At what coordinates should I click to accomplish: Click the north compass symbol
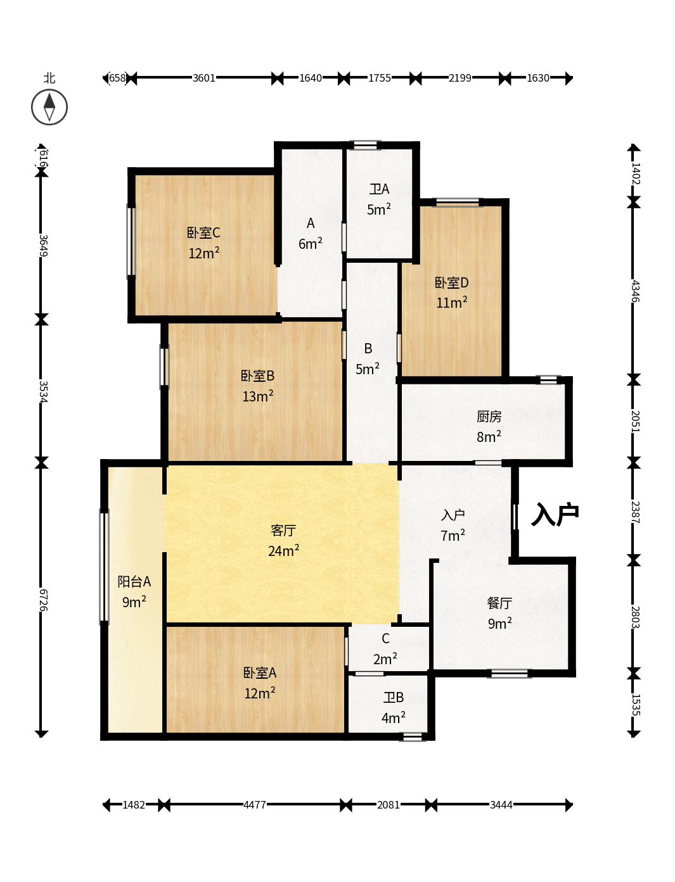point(49,107)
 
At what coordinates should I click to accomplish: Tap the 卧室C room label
point(203,232)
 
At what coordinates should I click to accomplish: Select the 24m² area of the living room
point(283,550)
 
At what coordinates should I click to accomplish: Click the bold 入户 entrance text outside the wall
point(555,514)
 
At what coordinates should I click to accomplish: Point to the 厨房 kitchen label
point(489,416)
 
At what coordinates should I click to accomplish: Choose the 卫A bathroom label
point(379,189)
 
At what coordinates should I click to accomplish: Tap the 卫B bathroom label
point(393,697)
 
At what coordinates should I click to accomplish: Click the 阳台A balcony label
point(134,581)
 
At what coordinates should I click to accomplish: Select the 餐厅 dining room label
point(499,603)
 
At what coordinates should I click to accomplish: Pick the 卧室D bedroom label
point(451,283)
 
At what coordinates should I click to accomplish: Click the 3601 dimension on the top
point(204,78)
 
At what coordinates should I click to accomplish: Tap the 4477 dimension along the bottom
point(255,805)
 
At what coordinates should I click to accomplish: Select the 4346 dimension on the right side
point(635,291)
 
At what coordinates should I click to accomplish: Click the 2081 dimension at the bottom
point(388,805)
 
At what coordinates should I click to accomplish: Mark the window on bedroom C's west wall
point(131,241)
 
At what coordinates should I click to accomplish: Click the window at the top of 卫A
point(365,144)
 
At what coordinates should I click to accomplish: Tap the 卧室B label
point(257,375)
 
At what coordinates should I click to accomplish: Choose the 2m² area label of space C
point(385,659)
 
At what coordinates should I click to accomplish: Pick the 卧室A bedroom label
point(259,672)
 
